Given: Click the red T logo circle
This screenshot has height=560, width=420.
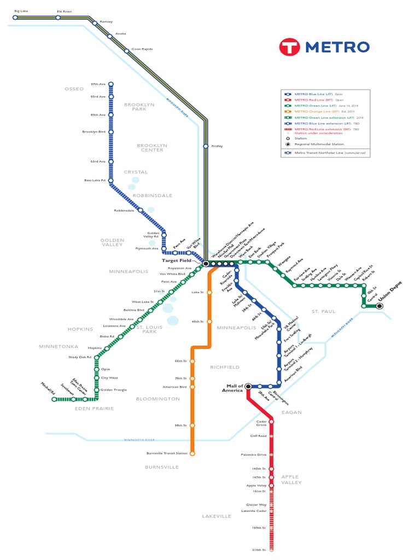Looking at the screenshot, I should click(290, 46).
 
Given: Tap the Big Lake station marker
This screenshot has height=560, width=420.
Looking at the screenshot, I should click(15, 17).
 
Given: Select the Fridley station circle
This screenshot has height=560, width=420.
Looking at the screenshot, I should click(206, 146).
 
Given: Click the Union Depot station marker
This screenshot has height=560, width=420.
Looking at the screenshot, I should click(380, 306).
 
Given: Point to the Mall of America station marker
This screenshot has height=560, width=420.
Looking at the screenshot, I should click(248, 386).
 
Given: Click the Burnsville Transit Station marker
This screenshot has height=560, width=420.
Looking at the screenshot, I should click(192, 453).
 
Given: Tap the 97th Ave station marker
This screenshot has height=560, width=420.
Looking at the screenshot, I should click(111, 84).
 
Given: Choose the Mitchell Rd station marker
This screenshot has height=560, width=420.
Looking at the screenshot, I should click(54, 399).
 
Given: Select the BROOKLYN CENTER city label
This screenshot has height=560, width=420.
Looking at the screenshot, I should click(152, 148).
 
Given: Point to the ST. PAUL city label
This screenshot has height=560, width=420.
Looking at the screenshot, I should click(323, 311).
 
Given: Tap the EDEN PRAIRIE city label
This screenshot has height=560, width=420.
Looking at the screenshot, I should click(95, 409).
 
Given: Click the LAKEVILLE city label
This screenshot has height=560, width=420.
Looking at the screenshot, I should click(217, 516).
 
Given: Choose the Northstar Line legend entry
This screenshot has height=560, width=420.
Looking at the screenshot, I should click(325, 153).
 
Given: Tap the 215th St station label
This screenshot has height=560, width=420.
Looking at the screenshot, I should click(258, 550).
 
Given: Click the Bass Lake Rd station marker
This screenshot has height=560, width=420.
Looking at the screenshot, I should click(111, 180).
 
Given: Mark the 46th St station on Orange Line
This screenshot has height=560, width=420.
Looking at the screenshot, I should click(209, 322).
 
